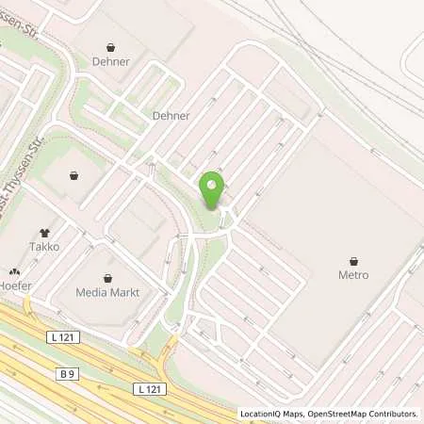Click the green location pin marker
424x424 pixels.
[212, 190]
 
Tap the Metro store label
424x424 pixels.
[353, 275]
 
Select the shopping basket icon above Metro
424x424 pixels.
[353, 261]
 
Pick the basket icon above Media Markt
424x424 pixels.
[109, 278]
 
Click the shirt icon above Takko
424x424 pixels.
[44, 232]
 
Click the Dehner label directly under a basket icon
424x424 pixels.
[112, 61]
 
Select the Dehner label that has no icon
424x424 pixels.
[171, 116]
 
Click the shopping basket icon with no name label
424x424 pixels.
[73, 175]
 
